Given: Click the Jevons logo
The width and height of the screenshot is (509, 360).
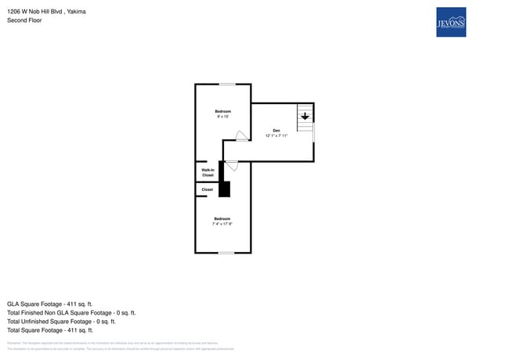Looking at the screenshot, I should pos(450,22).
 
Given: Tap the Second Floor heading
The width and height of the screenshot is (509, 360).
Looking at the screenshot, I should pos(24,20).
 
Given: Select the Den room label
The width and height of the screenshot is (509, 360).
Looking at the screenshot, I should pos(276,130).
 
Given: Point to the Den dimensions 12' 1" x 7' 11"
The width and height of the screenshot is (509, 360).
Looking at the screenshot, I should pos(276,136).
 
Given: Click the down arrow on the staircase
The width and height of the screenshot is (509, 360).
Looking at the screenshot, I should pos(305,117).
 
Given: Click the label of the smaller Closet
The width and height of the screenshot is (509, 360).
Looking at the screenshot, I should pos(208,189).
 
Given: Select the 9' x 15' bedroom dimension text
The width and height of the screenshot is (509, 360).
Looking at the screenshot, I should pos(223,117).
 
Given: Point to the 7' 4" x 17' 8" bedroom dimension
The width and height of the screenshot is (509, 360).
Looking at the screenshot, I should pos(222,224).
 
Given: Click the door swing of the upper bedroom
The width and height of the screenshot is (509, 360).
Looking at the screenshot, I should pos(242,135).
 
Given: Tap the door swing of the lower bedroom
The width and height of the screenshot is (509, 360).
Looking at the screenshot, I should pos(232,166).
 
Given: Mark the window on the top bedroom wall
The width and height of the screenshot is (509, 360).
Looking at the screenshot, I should pos(226,84).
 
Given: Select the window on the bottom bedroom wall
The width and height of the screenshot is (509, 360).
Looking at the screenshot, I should pos(226,252).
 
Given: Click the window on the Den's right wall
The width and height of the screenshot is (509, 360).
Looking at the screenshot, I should pos(314,131).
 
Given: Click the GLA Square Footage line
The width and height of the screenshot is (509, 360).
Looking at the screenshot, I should pos(50,304).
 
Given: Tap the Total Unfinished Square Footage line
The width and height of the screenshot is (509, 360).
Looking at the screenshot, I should pos(61,321).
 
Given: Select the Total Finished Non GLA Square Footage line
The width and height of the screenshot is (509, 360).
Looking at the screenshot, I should pos(71,312).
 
